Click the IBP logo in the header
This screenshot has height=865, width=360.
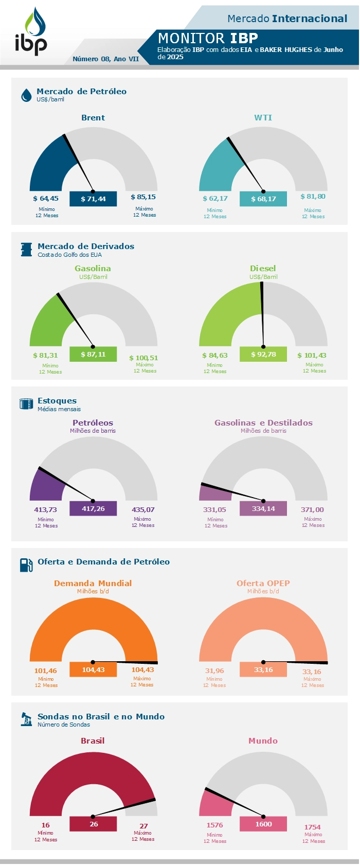(x=31, y=32)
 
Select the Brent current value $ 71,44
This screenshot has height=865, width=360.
(x=93, y=199)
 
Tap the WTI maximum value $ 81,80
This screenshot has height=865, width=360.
(x=313, y=197)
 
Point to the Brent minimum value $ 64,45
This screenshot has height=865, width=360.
(x=46, y=199)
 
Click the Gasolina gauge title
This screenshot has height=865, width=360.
(x=93, y=269)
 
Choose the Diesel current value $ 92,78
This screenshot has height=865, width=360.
(x=263, y=355)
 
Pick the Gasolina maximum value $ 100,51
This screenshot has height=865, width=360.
(x=143, y=358)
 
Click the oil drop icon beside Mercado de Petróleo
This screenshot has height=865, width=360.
(x=26, y=95)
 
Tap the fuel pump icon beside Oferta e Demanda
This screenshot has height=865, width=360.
(x=26, y=565)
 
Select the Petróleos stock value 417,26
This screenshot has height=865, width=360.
(x=93, y=509)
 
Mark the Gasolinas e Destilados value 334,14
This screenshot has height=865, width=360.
(x=263, y=509)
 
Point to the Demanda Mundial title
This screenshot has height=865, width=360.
(x=93, y=584)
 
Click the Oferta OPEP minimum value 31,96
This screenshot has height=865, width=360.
(x=214, y=671)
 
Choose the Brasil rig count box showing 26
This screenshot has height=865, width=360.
(x=93, y=824)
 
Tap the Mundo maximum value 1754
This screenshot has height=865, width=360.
(x=313, y=827)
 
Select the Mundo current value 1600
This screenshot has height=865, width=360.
(x=263, y=824)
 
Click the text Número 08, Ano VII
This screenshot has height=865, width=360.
(x=105, y=59)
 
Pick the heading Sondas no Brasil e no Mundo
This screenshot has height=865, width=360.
(x=101, y=717)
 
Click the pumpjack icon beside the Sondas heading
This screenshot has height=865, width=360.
(x=26, y=719)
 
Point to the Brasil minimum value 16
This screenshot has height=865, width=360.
(x=46, y=825)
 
